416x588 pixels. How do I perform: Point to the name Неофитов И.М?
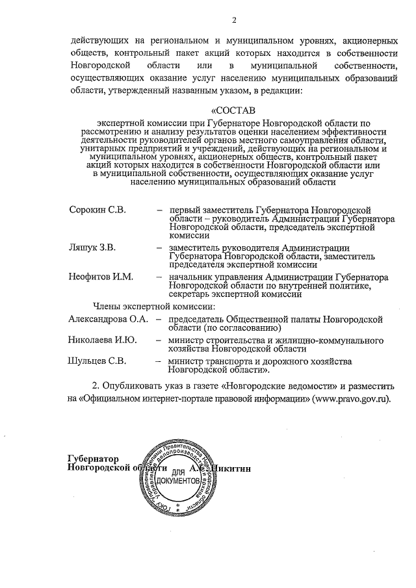[101, 277]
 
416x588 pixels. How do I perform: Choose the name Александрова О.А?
[108, 319]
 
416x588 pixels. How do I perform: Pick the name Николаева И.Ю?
[102, 340]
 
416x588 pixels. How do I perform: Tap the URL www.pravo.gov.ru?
[351, 398]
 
